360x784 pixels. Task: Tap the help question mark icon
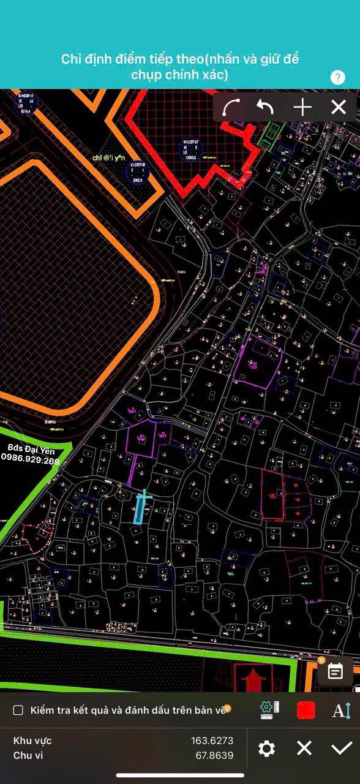click(x=337, y=77)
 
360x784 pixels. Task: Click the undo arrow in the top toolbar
click(x=265, y=108)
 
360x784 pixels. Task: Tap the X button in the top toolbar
click(x=339, y=108)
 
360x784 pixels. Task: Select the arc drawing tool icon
click(x=231, y=108)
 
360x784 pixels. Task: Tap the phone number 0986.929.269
click(x=31, y=461)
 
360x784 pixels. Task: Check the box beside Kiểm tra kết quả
click(x=18, y=710)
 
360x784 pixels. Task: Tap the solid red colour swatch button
click(x=306, y=710)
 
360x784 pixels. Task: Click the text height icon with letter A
click(x=341, y=710)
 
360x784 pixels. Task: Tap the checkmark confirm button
click(x=341, y=748)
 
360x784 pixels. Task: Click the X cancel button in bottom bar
click(x=304, y=748)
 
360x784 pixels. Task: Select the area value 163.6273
click(x=212, y=741)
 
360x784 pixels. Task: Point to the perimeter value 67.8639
click(x=214, y=755)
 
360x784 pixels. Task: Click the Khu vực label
click(x=32, y=741)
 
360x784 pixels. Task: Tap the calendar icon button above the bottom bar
click(x=335, y=671)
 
